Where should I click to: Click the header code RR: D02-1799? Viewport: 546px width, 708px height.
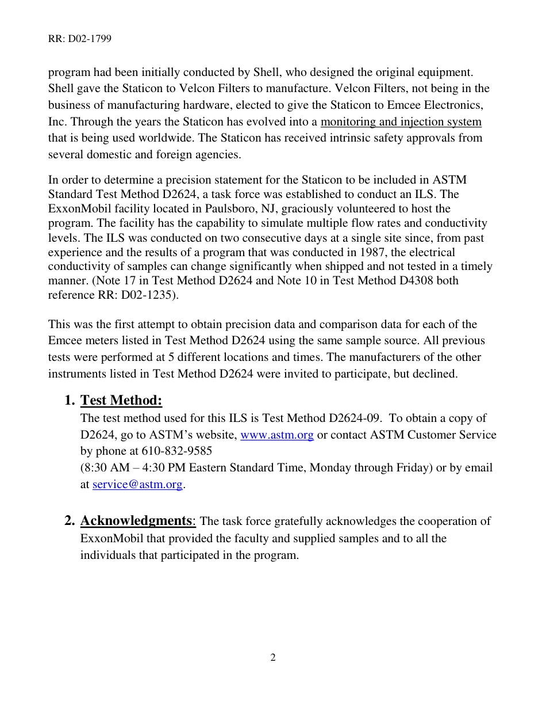point(79,39)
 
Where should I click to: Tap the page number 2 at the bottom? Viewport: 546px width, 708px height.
point(273,657)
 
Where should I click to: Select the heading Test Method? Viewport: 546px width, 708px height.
point(121,400)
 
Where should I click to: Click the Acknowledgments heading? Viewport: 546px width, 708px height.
point(136,521)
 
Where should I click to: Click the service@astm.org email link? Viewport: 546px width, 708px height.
point(137,485)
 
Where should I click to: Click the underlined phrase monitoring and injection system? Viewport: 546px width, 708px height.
point(401,122)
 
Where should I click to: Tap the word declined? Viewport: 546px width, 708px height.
point(435,374)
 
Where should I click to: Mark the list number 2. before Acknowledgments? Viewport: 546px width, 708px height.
point(70,521)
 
